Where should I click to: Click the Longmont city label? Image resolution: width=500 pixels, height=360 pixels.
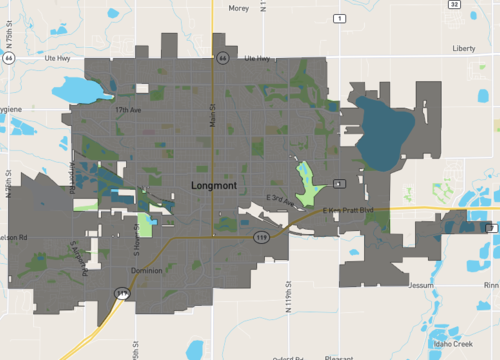coord(213,185)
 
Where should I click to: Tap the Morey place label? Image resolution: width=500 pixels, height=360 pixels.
coord(239,8)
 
